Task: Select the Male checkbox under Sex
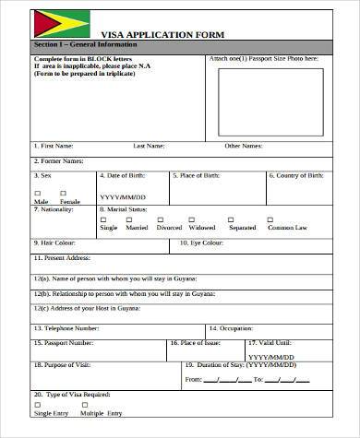[x=39, y=192]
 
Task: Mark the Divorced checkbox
[x=168, y=219]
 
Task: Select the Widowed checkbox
[x=200, y=219]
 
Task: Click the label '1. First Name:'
[x=54, y=145]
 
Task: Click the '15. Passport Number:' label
[x=65, y=341]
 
